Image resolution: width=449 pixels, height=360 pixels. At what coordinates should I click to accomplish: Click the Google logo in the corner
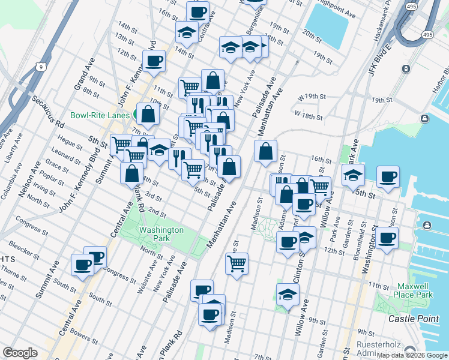[20, 353]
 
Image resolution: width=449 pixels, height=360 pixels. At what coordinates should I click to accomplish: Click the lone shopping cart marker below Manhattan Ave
[237, 263]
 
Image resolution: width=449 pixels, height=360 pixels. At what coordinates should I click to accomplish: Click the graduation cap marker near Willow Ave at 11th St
[288, 295]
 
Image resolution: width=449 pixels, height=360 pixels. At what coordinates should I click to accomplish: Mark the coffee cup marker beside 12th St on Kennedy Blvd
[154, 61]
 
